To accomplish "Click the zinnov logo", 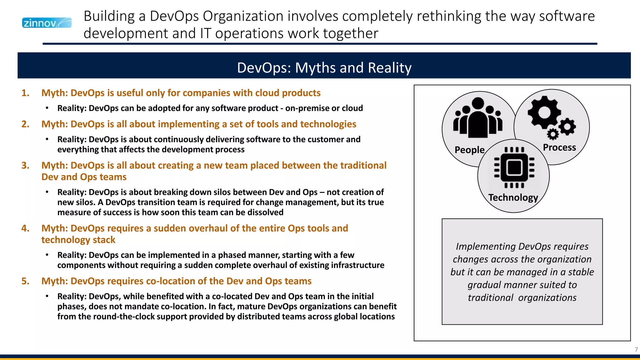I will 47,23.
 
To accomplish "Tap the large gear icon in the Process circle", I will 544,112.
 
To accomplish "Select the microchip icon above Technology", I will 514,167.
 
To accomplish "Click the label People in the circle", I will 469,150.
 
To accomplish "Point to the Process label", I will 559,147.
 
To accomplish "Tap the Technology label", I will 513,197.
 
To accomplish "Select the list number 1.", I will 25,93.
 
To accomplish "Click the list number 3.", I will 25,166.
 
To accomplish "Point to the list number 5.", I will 25,281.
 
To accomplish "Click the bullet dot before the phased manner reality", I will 47,255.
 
